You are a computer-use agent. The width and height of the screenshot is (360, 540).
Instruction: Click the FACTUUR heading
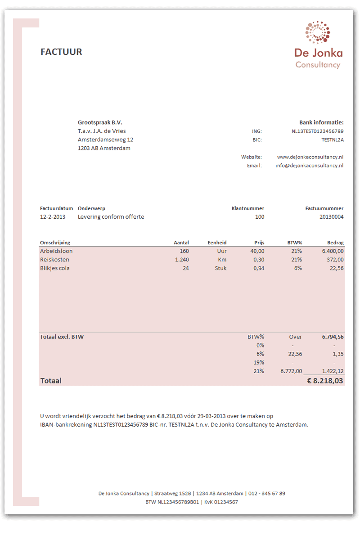coord(61,52)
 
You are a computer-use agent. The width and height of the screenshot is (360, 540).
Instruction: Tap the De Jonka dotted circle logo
coord(318,33)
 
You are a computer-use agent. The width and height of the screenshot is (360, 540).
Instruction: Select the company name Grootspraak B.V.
coord(100,122)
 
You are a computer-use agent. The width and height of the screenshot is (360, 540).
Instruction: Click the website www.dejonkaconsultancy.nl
coord(310,157)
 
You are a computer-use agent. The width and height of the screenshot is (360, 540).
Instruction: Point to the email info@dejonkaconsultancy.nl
coord(310,166)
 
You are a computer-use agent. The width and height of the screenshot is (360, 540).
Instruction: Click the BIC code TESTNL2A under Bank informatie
coord(333,140)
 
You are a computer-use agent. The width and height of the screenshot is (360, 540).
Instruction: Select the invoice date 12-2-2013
coord(53,217)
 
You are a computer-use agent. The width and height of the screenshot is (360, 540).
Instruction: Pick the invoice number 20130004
coord(331,217)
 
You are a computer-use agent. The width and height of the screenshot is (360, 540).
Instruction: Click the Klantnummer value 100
coord(260,217)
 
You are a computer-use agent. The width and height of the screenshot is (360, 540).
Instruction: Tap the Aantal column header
coord(181,243)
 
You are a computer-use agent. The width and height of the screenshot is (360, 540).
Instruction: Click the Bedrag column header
coord(335,243)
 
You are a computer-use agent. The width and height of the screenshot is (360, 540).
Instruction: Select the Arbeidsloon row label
coord(56,251)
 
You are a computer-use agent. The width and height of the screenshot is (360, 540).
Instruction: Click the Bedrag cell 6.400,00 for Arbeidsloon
coord(333,251)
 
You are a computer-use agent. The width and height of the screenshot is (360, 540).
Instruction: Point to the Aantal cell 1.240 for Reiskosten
coord(182,260)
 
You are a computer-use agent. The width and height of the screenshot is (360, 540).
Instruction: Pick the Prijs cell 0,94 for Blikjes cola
coord(258,268)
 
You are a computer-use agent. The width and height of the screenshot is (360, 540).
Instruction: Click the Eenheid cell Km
coord(222,260)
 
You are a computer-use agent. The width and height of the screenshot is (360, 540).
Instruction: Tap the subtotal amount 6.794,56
coord(333,337)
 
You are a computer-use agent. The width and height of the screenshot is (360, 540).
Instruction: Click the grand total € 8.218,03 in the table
coord(325,381)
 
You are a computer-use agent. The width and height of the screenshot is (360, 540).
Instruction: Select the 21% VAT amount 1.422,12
coord(333,371)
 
